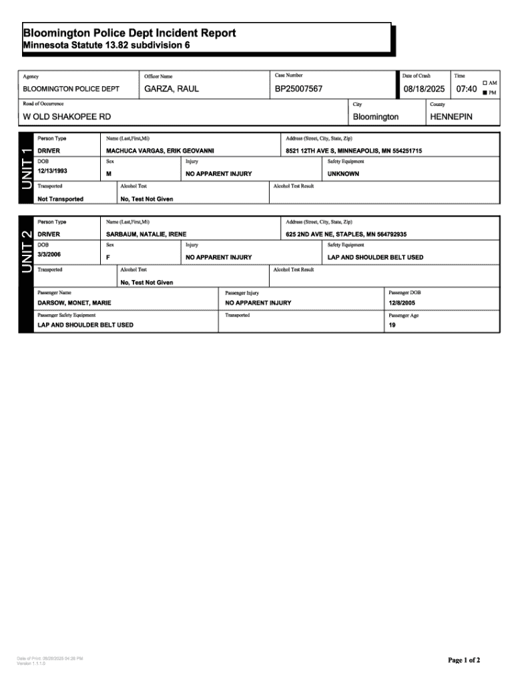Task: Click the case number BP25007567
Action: point(298,89)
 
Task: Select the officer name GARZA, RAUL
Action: point(171,89)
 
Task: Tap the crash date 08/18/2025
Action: point(423,89)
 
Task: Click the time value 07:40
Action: point(466,89)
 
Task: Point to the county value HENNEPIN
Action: point(451,117)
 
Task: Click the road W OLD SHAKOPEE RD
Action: point(67,117)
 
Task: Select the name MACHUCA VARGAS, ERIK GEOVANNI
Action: point(160,151)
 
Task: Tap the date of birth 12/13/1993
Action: point(53,171)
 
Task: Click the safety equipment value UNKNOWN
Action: point(343,173)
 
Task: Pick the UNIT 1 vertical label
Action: point(26,168)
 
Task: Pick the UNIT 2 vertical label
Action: point(26,251)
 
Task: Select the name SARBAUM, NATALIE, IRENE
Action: point(146,235)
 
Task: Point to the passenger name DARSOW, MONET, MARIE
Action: point(74,303)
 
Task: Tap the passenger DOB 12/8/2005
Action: point(402,303)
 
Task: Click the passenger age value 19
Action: point(392,325)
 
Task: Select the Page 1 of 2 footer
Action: point(463,660)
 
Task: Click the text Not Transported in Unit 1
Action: point(61,199)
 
